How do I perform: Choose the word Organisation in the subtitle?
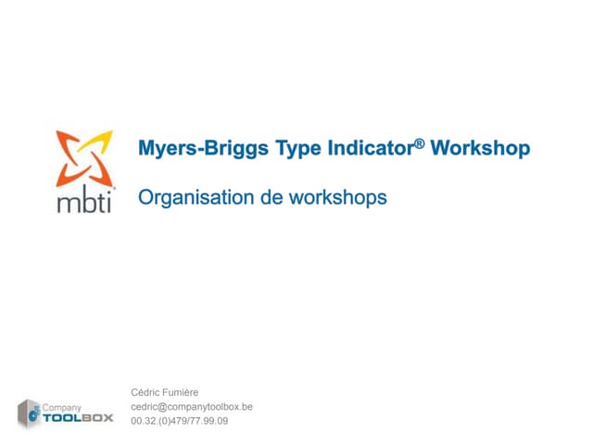tap(194, 197)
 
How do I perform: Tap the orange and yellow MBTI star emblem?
tap(84, 158)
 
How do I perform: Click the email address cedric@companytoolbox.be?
tap(192, 407)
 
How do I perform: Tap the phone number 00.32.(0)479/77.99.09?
tap(180, 421)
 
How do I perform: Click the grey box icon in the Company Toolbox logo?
tap(30, 413)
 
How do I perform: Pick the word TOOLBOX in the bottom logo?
tap(79, 418)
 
